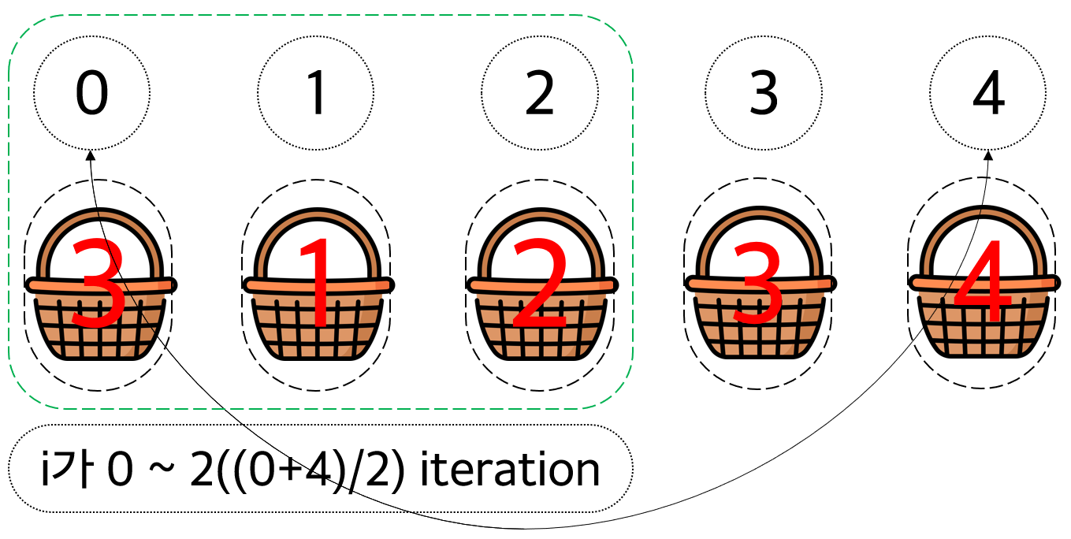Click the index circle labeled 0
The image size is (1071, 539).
pyautogui.click(x=91, y=94)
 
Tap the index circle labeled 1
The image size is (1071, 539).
pyautogui.click(x=316, y=94)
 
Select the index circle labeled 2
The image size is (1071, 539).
pyautogui.click(x=540, y=94)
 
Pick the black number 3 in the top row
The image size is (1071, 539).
pyautogui.click(x=763, y=94)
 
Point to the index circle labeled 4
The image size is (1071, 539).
pyautogui.click(x=988, y=94)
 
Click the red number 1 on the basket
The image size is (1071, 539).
pyautogui.click(x=319, y=284)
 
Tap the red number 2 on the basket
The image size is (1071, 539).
pyautogui.click(x=540, y=284)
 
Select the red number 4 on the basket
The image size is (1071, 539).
pyautogui.click(x=982, y=284)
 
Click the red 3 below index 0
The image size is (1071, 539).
pyautogui.click(x=99, y=284)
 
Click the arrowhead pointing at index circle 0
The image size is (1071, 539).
pyautogui.click(x=91, y=155)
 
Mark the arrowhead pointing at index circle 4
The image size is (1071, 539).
pyautogui.click(x=989, y=155)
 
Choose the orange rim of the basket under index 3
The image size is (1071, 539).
pyautogui.click(x=761, y=284)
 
